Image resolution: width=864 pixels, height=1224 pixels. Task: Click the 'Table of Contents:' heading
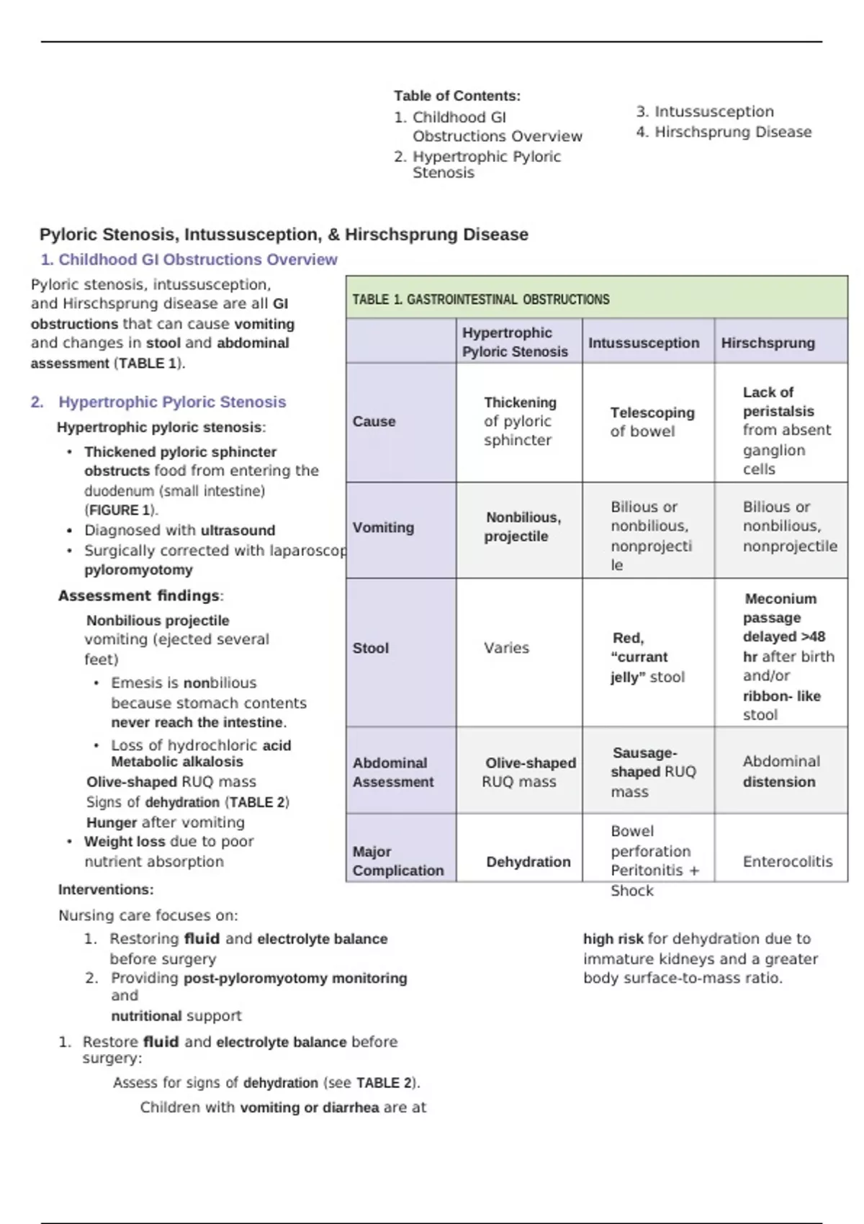tap(456, 96)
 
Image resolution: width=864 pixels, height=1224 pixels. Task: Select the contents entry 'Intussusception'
tap(714, 112)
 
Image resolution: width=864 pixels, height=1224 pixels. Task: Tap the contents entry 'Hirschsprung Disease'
tap(732, 132)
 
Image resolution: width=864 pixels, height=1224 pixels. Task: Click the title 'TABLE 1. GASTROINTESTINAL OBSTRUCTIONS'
tap(480, 300)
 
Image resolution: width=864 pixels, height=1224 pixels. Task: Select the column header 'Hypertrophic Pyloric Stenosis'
tap(515, 342)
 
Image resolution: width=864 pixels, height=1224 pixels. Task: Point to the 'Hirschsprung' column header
tap(768, 343)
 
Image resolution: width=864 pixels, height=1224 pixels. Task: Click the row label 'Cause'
tap(374, 422)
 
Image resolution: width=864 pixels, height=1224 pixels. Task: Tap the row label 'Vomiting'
tap(383, 528)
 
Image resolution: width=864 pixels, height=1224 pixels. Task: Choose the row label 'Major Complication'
tap(397, 861)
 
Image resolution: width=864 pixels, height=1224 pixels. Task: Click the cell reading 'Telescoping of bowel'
tap(652, 422)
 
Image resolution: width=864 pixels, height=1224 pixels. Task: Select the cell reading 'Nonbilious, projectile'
tap(522, 527)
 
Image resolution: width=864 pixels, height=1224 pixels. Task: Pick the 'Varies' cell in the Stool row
tap(506, 648)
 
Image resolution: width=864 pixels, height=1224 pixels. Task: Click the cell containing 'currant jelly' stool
tap(647, 657)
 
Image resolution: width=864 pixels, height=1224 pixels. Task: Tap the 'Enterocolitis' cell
tap(787, 862)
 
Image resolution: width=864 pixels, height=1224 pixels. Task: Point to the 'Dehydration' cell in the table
tap(528, 862)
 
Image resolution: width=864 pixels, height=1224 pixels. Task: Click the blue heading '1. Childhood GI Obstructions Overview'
tap(189, 260)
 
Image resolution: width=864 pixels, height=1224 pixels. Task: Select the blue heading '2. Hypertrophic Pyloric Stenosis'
tap(171, 402)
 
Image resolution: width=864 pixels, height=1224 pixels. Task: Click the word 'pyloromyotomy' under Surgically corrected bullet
tap(138, 570)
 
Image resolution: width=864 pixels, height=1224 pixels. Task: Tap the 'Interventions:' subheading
tap(106, 890)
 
